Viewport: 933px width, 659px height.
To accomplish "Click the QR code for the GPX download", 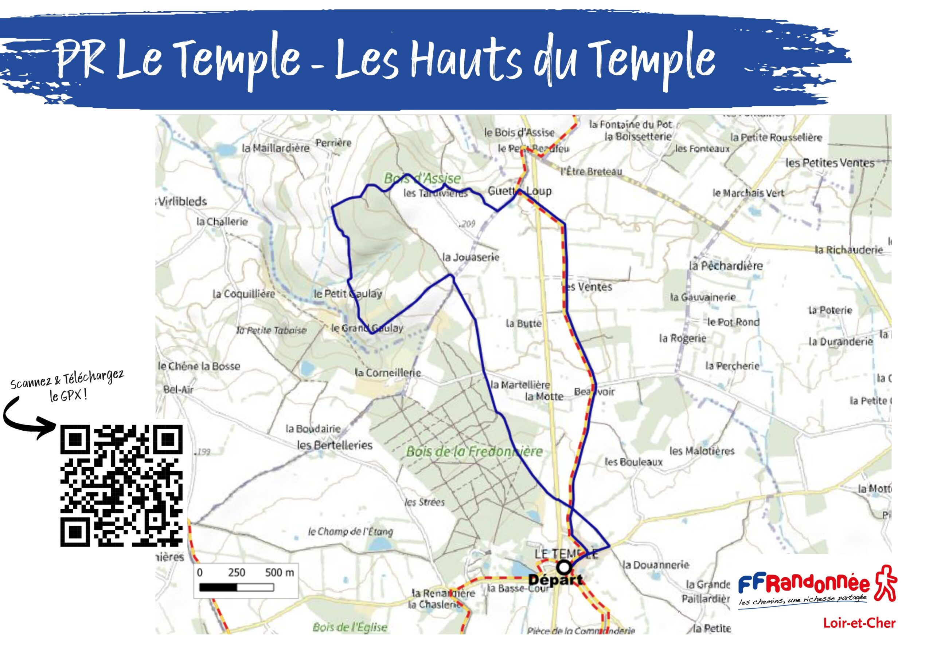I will [121, 485].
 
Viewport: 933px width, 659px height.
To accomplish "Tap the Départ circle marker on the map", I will [563, 567].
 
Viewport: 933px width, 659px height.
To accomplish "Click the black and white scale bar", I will [237, 587].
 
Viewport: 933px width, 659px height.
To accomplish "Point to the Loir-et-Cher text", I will [859, 623].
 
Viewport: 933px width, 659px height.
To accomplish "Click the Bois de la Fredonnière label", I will [474, 451].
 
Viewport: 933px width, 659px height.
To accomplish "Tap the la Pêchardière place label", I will [726, 266].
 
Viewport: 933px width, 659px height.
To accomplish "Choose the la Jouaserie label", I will [471, 257].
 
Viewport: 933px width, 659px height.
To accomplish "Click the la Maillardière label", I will [276, 148].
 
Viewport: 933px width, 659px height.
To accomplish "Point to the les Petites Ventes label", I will [830, 163].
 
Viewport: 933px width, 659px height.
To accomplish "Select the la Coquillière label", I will [244, 293].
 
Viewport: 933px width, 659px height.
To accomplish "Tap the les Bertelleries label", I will [335, 445].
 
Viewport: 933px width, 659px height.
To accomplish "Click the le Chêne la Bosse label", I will [199, 366].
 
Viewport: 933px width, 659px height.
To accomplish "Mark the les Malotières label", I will [702, 451].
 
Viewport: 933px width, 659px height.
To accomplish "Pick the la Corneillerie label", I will [388, 372].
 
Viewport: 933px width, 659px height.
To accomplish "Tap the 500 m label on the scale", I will [279, 572].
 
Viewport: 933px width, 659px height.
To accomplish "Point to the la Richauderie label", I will [848, 250].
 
